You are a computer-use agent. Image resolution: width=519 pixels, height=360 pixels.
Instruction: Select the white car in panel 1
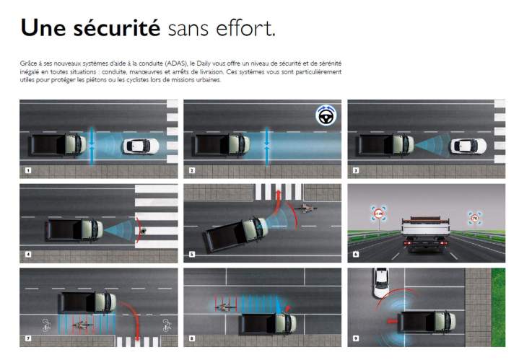click(x=141, y=146)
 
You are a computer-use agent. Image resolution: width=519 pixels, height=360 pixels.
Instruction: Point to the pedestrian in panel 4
click(x=144, y=230)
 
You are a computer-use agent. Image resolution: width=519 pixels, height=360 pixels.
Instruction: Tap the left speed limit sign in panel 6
click(x=377, y=213)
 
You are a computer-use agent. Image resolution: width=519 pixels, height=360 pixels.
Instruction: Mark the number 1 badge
click(x=27, y=171)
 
